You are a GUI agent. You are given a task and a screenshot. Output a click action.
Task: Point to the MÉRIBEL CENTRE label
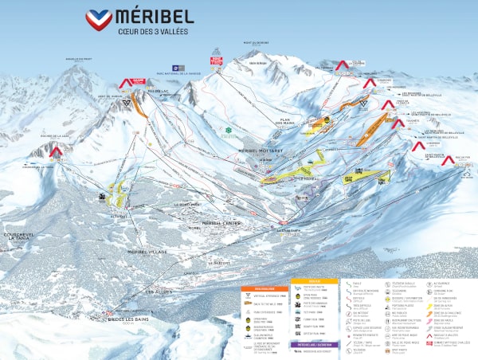point(222,222)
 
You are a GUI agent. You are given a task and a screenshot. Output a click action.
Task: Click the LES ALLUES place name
point(161,292)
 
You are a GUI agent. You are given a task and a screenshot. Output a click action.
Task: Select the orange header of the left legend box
point(259,288)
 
